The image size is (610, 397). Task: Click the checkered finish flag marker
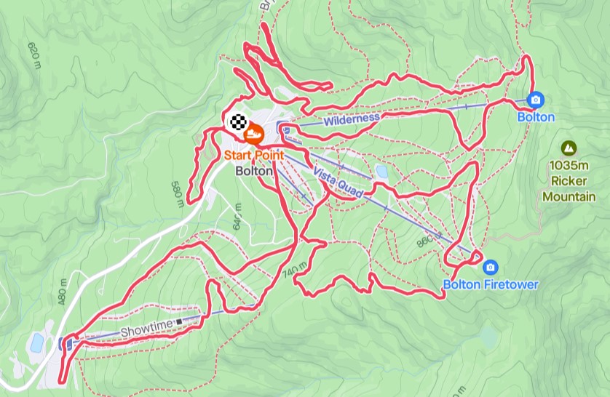[237, 122]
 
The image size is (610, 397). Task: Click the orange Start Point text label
[253, 155]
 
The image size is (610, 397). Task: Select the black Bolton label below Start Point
[254, 171]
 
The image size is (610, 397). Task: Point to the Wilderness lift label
[352, 118]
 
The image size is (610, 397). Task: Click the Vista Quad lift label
[338, 182]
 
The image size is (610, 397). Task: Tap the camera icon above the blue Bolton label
[536, 99]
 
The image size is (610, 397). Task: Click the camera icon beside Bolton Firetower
[491, 267]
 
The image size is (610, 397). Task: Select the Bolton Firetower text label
[491, 284]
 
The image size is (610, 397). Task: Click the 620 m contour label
[34, 56]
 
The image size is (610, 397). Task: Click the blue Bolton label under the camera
[536, 117]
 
